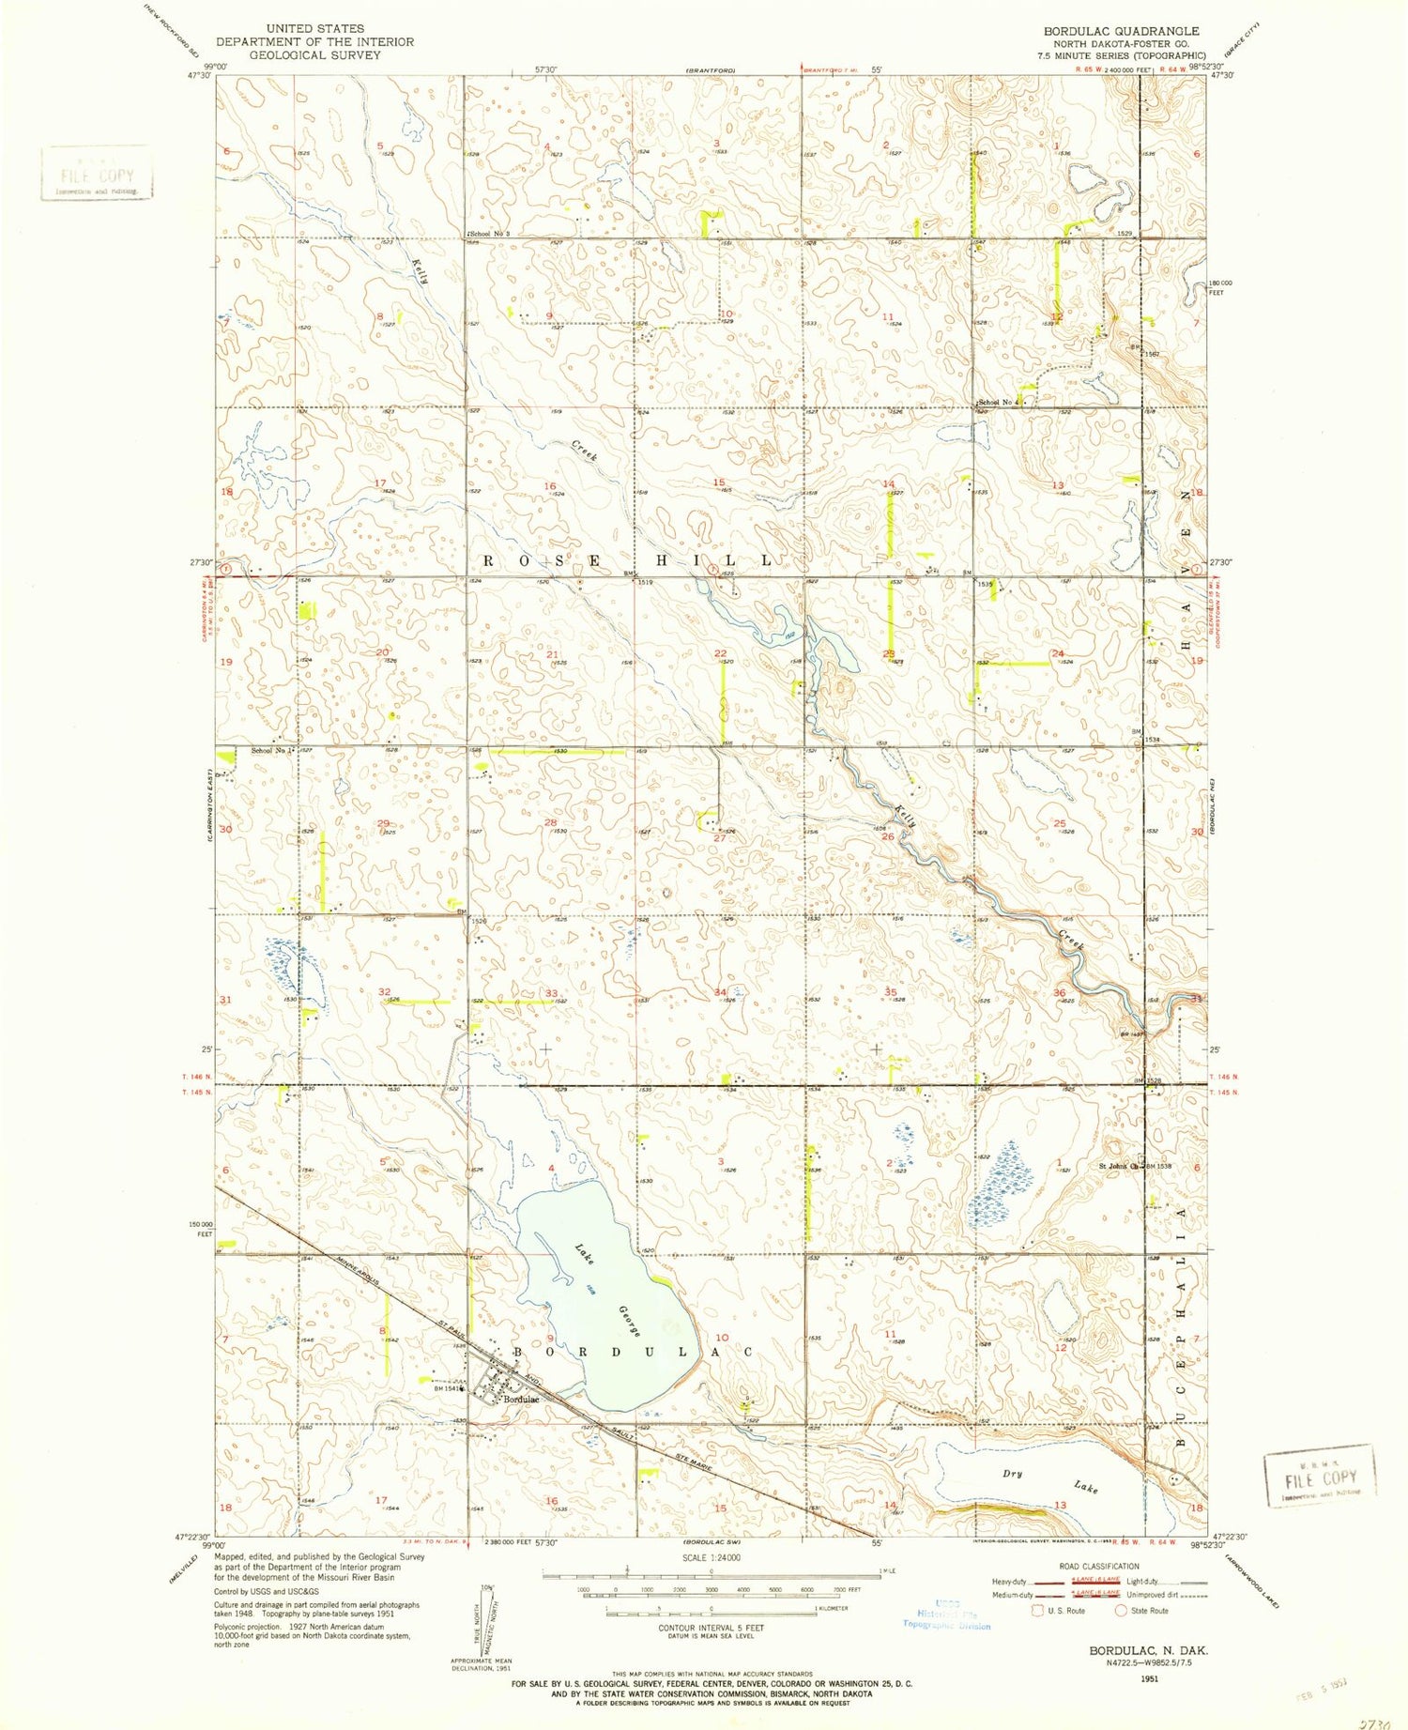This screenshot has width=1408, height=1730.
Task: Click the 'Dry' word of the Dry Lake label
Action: [x=1012, y=1474]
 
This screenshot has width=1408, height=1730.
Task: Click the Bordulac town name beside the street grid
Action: [x=521, y=1400]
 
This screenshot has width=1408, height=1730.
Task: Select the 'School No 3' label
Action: [x=489, y=234]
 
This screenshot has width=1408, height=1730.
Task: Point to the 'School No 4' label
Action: [x=999, y=403]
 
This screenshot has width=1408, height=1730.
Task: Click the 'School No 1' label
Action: [x=272, y=750]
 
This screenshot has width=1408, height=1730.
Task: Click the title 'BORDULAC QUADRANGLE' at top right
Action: [x=1121, y=31]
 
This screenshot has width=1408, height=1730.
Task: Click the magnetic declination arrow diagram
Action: [x=482, y=1616]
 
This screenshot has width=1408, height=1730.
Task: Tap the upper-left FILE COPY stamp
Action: [x=97, y=175]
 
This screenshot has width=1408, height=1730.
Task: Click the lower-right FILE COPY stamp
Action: [x=1319, y=1476]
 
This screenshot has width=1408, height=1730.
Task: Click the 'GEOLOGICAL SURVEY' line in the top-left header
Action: [x=301, y=55]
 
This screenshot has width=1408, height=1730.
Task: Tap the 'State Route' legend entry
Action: [x=1149, y=1611]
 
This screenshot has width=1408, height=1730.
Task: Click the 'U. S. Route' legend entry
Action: [x=1064, y=1611]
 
